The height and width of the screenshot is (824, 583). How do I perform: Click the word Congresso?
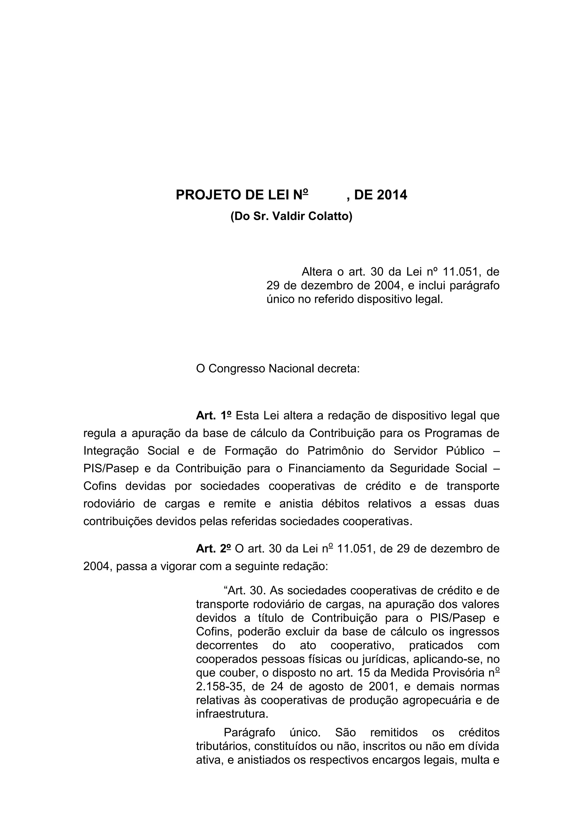[x=237, y=369]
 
